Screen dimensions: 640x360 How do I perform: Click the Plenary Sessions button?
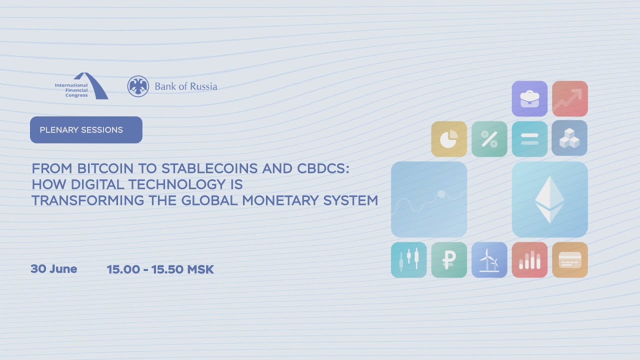86,129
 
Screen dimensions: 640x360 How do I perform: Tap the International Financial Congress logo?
81,85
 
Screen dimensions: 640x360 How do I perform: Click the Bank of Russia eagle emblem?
138,86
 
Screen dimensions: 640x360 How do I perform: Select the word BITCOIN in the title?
105,168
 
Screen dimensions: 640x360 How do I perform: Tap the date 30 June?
53,269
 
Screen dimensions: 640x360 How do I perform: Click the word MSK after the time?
200,269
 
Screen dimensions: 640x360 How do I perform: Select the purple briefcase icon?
529,98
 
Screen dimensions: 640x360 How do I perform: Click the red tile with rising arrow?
569,98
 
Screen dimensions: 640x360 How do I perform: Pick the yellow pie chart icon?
449,139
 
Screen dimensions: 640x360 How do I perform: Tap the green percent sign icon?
489,139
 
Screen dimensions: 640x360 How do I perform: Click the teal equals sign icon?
529,139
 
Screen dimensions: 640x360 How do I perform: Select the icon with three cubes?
569,138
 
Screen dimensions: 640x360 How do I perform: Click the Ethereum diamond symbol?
549,199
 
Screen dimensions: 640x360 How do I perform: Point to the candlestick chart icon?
408,259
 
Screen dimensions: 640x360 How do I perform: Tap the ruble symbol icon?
449,259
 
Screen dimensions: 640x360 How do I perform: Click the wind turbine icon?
489,259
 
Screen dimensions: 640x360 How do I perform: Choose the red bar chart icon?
529,259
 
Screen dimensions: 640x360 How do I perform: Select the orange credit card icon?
569,259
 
